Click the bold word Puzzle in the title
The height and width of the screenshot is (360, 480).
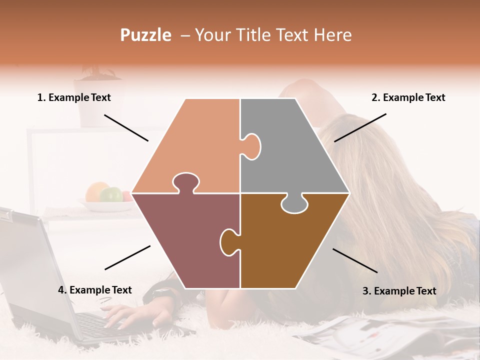tap(145, 35)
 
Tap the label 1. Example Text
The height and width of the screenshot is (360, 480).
tap(74, 97)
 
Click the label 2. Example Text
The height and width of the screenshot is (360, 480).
tap(408, 97)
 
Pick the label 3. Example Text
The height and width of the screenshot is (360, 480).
tap(399, 291)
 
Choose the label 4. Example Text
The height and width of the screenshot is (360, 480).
tap(95, 290)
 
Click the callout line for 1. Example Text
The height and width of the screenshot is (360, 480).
tap(126, 127)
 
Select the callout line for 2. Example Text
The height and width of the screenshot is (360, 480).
tap(360, 127)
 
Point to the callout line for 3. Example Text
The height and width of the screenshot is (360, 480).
tap(355, 260)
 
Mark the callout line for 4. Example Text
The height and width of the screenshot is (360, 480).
tap(127, 257)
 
